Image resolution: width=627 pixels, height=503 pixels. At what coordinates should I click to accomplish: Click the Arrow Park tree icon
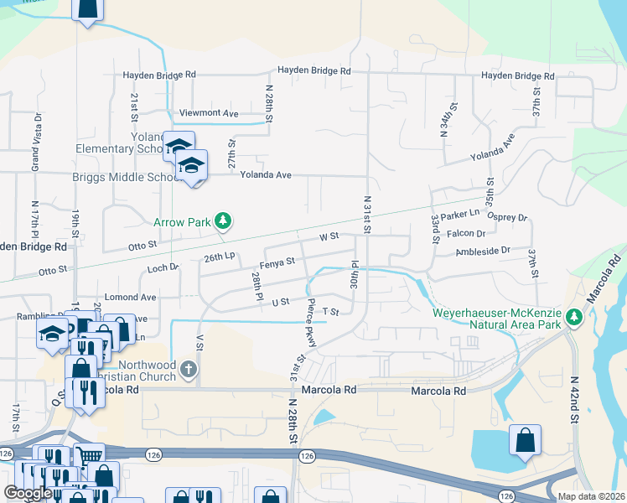pyautogui.click(x=222, y=221)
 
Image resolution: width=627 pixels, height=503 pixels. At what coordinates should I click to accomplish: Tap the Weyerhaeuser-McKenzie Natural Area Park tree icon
pyautogui.click(x=574, y=317)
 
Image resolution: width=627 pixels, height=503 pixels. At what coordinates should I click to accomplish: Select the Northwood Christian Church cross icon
pyautogui.click(x=189, y=369)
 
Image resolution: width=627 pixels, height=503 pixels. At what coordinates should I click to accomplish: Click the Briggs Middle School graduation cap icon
pyautogui.click(x=192, y=163)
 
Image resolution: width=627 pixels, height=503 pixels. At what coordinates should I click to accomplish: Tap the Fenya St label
pyautogui.click(x=277, y=262)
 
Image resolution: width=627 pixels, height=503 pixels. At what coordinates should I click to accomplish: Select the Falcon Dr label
pyautogui.click(x=469, y=234)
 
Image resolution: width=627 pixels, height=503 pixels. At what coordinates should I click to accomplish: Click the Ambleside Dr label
pyautogui.click(x=483, y=251)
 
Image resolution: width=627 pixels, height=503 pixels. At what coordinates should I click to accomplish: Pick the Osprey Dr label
pyautogui.click(x=510, y=217)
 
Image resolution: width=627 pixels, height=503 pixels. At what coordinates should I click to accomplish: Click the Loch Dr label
pyautogui.click(x=163, y=268)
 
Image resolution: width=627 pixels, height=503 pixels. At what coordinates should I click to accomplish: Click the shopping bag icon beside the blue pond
pyautogui.click(x=525, y=439)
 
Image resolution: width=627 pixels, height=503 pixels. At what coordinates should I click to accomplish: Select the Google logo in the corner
pyautogui.click(x=28, y=493)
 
